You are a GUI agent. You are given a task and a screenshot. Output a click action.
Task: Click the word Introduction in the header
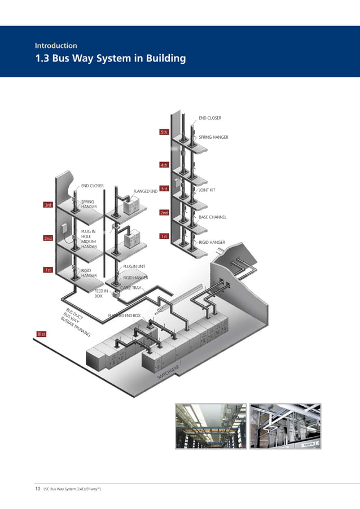56,46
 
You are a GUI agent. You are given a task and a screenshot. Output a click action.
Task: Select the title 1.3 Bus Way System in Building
110,59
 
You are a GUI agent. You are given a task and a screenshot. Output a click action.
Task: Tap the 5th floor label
164,132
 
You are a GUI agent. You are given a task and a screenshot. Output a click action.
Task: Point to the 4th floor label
164,165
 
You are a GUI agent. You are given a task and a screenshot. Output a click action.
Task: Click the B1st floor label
41,335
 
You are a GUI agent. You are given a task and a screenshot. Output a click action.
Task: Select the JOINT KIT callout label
207,190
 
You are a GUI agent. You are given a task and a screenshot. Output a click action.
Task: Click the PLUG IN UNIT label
134,266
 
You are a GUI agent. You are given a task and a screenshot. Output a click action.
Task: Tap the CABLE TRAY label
131,288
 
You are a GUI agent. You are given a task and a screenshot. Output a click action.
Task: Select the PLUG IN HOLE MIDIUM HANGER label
89,239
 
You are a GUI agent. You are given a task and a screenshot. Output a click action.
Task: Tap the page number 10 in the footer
38,489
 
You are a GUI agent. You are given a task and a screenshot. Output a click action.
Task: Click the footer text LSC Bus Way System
72,489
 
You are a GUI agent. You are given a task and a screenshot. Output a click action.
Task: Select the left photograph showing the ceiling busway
210,427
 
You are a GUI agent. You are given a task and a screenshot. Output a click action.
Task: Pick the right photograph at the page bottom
285,427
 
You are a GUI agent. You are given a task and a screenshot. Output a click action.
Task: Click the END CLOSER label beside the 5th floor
210,118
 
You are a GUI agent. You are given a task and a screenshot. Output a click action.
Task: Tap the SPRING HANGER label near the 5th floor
213,137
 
